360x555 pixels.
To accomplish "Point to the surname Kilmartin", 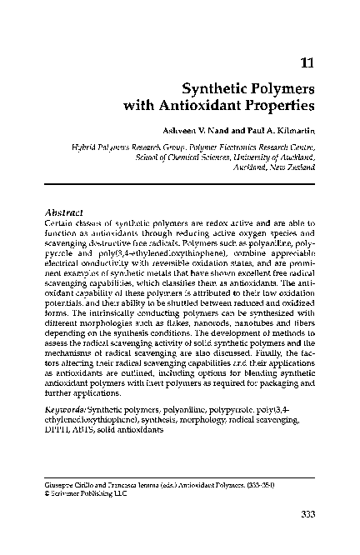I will click(288, 131).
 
